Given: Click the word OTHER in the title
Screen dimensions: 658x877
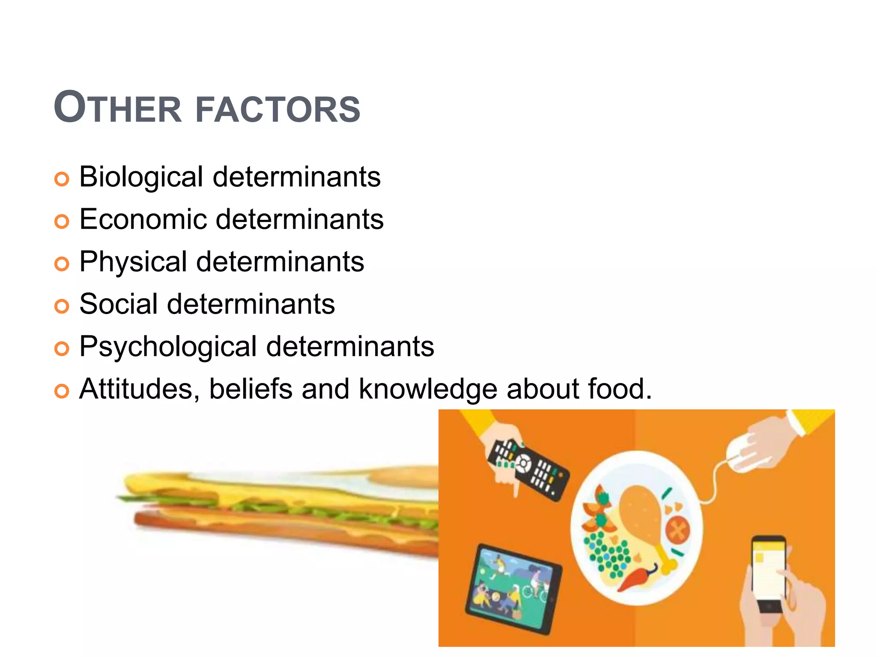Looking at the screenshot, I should pyautogui.click(x=118, y=108).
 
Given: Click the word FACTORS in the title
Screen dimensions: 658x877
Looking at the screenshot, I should pyautogui.click(x=278, y=110).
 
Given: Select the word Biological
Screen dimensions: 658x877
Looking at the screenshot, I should pyautogui.click(x=141, y=177).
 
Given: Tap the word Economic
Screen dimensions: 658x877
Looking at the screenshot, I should pyautogui.click(x=143, y=219).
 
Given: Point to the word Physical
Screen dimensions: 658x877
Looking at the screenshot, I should pyautogui.click(x=133, y=262).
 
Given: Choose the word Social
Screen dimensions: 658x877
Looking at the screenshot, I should pyautogui.click(x=119, y=304).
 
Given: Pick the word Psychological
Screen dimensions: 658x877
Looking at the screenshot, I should pyautogui.click(x=168, y=347).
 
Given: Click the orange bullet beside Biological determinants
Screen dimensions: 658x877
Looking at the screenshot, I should pyautogui.click(x=62, y=179).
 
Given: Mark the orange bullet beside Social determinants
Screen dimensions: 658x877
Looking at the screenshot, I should pyautogui.click(x=62, y=306).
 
